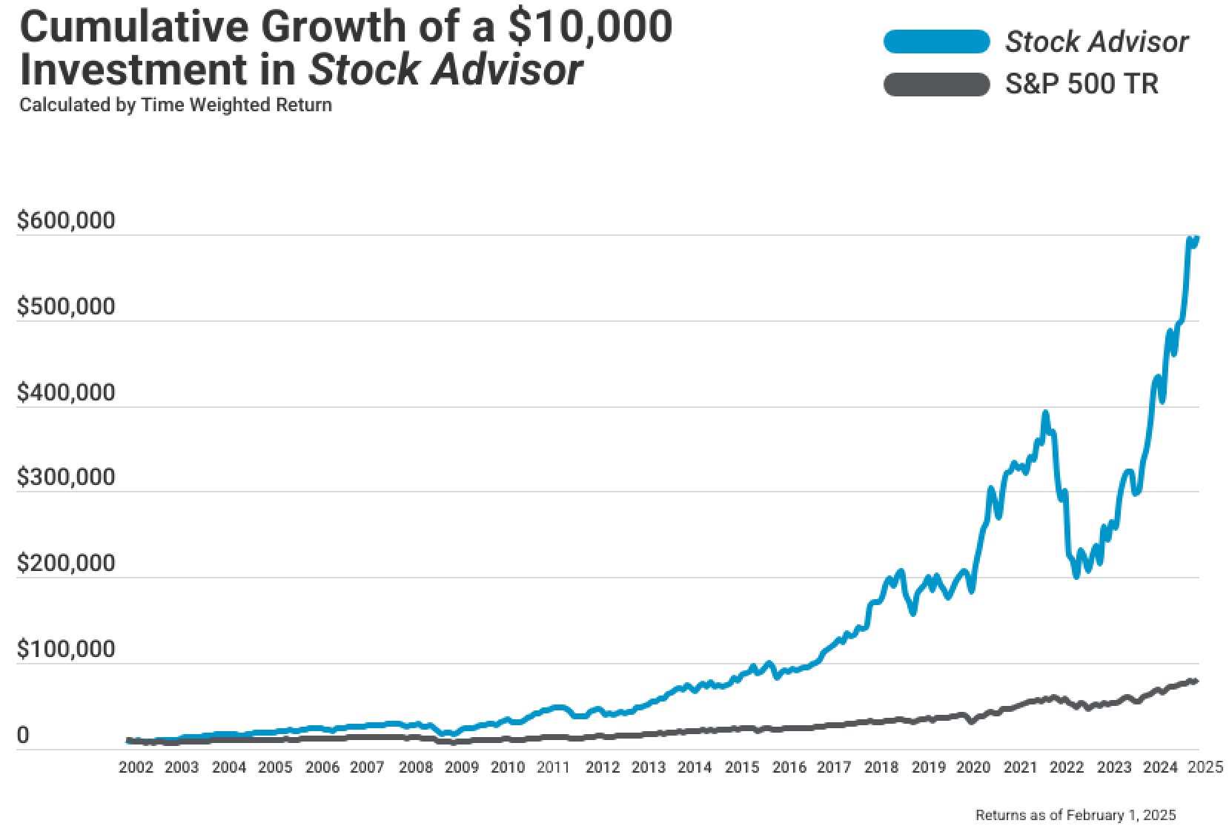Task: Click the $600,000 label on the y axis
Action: tap(66, 221)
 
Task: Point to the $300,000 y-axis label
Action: tap(66, 478)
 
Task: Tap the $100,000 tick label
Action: tap(66, 650)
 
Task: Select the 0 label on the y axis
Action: tap(23, 736)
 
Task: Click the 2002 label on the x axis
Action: tap(136, 767)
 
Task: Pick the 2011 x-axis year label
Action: tap(553, 767)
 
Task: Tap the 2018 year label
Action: tap(881, 767)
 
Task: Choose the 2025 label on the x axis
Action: tap(1205, 767)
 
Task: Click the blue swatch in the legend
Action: tap(936, 42)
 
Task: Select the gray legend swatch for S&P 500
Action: tap(936, 85)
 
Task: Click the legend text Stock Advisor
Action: tap(1096, 42)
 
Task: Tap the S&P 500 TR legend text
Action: tap(1081, 85)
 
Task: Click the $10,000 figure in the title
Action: tap(590, 27)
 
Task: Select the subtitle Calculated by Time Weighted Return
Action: tap(176, 105)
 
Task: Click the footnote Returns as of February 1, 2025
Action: tap(1076, 815)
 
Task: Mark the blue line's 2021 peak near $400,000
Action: tap(1045, 413)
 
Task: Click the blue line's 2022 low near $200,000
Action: tap(1076, 576)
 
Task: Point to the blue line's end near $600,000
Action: tap(1197, 238)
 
